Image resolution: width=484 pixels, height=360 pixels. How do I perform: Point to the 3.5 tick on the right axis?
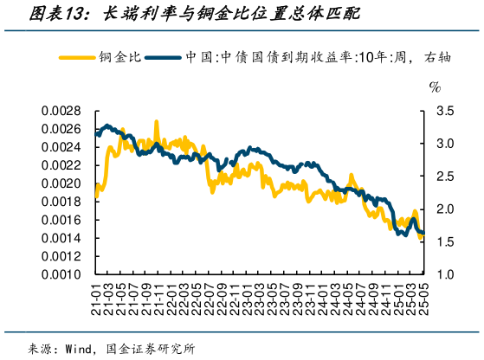pos(444,111)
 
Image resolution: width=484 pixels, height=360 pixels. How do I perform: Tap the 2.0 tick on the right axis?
pos(444,209)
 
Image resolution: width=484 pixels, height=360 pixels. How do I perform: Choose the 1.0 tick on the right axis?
pos(444,274)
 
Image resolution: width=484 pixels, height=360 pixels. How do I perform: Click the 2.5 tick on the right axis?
pos(444,177)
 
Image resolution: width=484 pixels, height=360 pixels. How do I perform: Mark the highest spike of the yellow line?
pos(157,122)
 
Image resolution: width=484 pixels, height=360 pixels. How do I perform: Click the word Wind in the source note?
pos(81,349)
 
